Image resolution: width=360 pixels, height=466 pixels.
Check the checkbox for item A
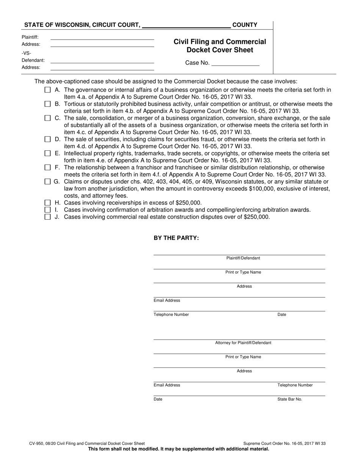tap(47, 90)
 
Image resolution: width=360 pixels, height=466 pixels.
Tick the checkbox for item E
tap(47, 153)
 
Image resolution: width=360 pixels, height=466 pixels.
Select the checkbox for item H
tap(47, 203)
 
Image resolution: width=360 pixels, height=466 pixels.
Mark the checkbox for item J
tap(47, 217)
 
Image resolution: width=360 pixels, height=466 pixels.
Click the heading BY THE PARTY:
tap(176, 238)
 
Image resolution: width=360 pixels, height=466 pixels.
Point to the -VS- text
tap(27, 53)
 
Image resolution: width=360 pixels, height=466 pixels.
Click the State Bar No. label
tap(290, 399)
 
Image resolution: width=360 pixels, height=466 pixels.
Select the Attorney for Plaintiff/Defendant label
tap(243, 343)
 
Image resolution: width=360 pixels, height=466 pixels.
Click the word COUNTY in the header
tap(245, 25)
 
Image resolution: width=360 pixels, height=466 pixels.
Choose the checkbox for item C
tap(47, 118)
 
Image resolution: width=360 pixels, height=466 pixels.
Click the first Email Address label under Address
tap(167, 300)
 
